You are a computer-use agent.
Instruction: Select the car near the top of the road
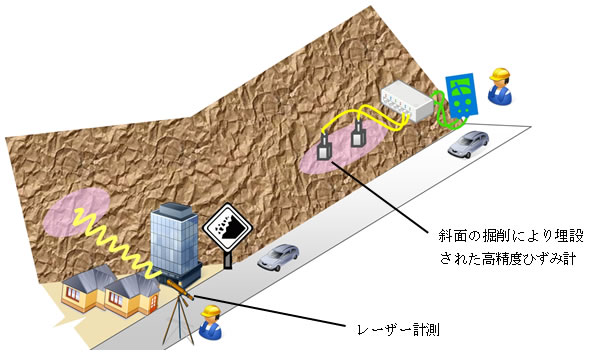469,145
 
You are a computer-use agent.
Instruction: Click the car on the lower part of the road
278,258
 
